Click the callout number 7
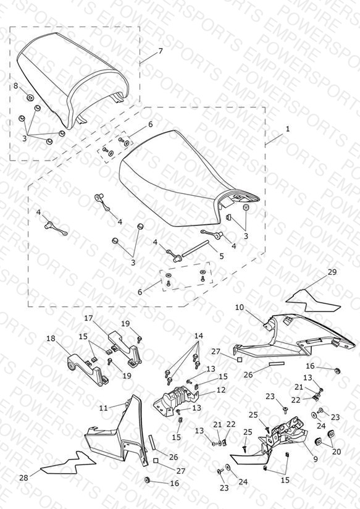point(161,51)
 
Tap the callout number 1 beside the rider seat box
point(287,129)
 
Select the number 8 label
point(16,86)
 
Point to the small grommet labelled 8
point(30,97)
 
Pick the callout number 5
point(222,256)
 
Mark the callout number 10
point(239,307)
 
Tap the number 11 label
point(103,408)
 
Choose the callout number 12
point(221,390)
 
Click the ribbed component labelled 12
point(175,397)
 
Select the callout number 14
point(199,336)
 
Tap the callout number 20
point(337,452)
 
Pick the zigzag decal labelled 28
point(68,463)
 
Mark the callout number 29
point(332,272)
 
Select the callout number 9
point(316,460)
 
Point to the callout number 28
point(23,478)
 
